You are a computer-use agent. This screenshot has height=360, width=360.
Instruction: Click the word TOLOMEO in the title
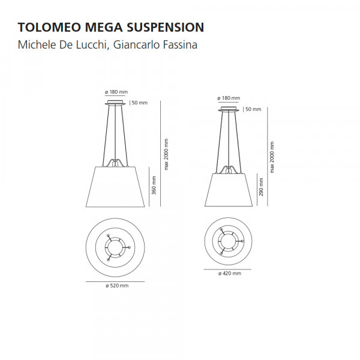[49, 28]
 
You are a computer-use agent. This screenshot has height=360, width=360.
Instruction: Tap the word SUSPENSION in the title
[166, 28]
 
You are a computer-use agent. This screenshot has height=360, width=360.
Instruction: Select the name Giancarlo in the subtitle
[136, 45]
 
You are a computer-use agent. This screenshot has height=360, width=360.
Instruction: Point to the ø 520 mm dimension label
[117, 286]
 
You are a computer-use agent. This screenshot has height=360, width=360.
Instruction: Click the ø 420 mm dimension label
[230, 274]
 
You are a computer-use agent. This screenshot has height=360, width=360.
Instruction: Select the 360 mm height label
[154, 185]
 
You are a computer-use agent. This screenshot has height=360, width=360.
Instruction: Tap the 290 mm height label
[261, 187]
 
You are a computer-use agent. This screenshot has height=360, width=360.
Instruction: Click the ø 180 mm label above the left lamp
[116, 92]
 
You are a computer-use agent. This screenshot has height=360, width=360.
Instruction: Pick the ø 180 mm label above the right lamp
[229, 98]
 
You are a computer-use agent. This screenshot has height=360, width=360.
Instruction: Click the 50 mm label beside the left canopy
[140, 103]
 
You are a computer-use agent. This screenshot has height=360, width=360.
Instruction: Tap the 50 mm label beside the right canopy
[253, 109]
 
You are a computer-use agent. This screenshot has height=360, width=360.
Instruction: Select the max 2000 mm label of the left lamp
[166, 154]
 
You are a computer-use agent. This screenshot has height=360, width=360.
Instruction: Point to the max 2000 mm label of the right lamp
[272, 157]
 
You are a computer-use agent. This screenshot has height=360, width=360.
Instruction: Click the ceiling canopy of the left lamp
[115, 103]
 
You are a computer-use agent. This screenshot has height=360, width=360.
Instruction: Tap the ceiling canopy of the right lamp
[229, 109]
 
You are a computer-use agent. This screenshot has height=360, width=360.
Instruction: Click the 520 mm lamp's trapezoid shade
[115, 187]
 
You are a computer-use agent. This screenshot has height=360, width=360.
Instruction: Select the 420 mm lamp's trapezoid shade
[229, 190]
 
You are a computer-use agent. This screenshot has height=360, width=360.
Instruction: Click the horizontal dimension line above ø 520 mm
[115, 281]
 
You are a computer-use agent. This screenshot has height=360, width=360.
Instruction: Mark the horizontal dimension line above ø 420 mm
[227, 269]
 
